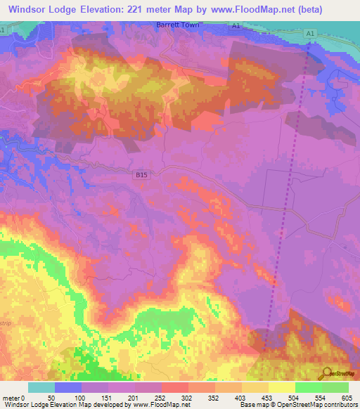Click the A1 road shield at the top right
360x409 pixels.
tap(310, 33)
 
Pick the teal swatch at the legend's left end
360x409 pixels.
tap(41, 387)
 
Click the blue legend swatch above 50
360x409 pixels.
tap(68, 387)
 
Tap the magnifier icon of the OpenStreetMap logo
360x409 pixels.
tap(324, 374)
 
